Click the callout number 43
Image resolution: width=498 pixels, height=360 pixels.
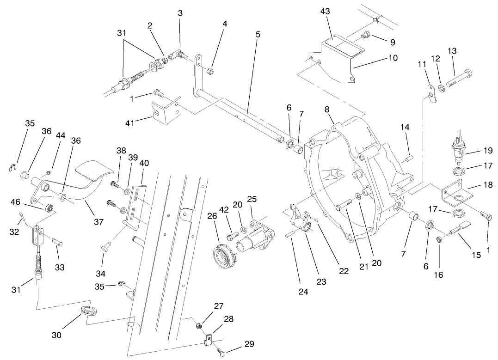point(326,12)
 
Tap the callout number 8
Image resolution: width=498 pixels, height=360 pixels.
point(327,110)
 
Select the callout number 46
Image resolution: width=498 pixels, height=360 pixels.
point(16,201)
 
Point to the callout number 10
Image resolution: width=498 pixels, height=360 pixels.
point(393,58)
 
